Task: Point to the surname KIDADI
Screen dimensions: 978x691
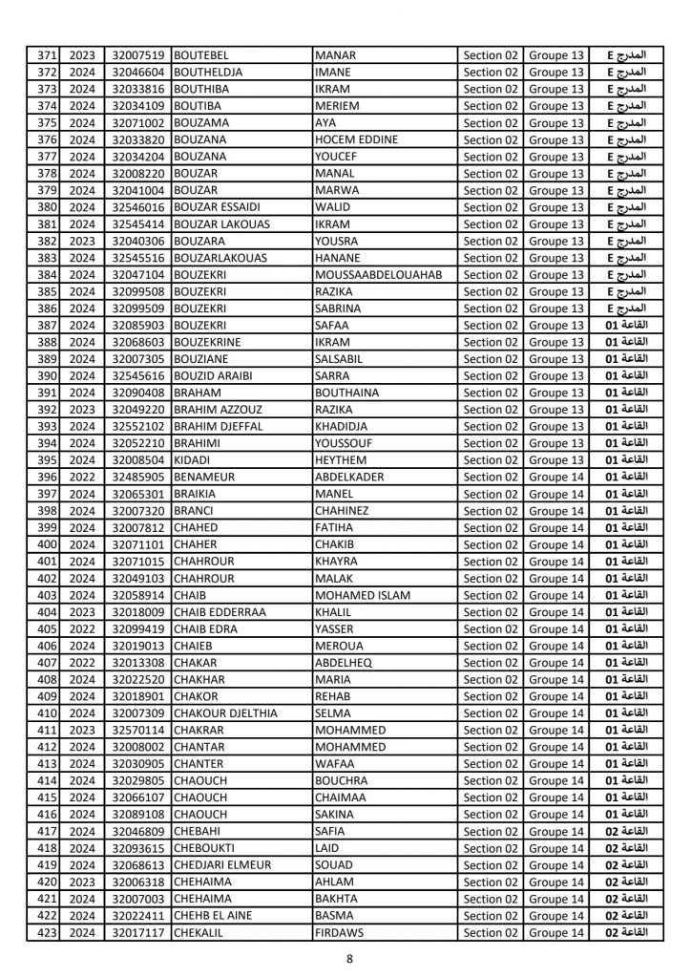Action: (195, 460)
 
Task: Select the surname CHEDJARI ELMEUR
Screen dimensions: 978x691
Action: (222, 865)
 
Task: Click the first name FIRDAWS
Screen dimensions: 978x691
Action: (340, 932)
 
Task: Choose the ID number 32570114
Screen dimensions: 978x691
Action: (138, 730)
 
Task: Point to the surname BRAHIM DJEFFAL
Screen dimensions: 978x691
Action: (220, 426)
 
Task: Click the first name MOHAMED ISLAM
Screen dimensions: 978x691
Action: (362, 595)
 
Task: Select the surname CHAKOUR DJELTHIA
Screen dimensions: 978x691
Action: (223, 713)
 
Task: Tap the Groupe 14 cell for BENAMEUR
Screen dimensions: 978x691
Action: (555, 477)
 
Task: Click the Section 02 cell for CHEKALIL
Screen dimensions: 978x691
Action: (491, 932)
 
